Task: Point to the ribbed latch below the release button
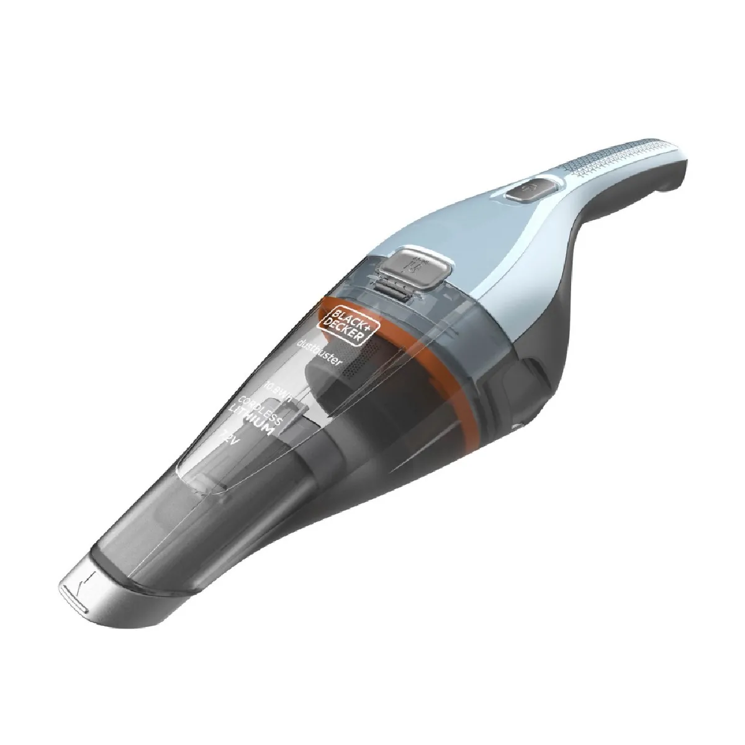[x=400, y=292]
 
